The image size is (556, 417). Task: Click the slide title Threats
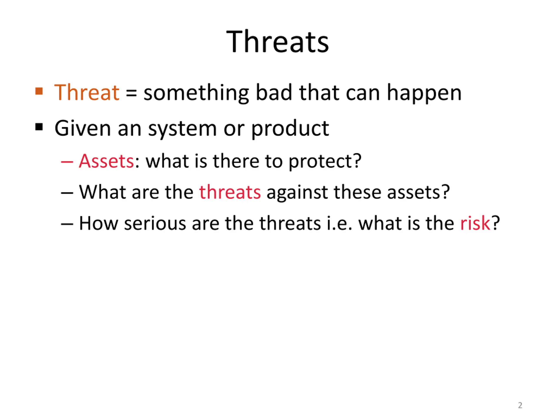[278, 41]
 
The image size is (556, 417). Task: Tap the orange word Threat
[87, 93]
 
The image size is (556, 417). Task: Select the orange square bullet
[39, 91]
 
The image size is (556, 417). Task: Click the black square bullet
[39, 127]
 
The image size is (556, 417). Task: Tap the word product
[290, 129]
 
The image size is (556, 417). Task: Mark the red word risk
[475, 223]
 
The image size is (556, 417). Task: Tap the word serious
[155, 223]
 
